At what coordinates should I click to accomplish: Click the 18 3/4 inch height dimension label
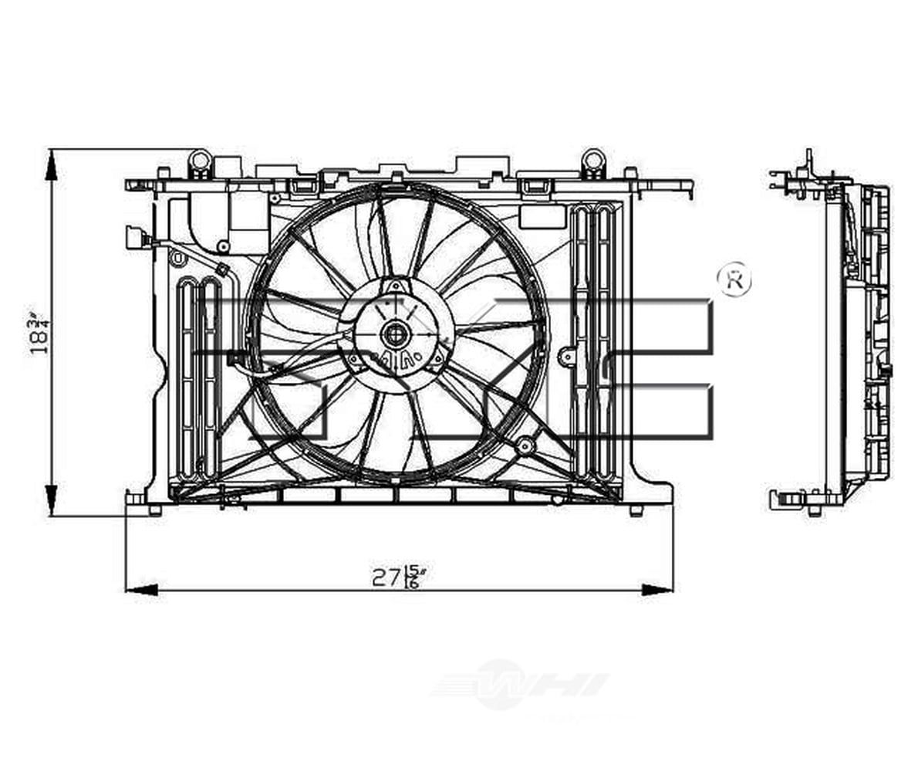pyautogui.click(x=39, y=332)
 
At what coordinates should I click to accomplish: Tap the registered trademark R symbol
pyautogui.click(x=734, y=280)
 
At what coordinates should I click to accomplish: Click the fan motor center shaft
pyautogui.click(x=394, y=334)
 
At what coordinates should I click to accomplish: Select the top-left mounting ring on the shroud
pyautogui.click(x=200, y=161)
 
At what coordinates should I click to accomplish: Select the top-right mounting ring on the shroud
pyautogui.click(x=592, y=161)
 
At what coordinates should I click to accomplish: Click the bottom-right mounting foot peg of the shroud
pyautogui.click(x=636, y=510)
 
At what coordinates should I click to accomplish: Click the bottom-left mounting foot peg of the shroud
pyautogui.click(x=154, y=510)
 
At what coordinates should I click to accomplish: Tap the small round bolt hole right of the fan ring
pyautogui.click(x=568, y=356)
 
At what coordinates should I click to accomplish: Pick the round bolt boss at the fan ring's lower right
pyautogui.click(x=525, y=445)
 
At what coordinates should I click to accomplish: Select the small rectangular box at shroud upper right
pyautogui.click(x=542, y=217)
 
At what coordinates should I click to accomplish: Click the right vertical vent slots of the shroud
pyautogui.click(x=594, y=340)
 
